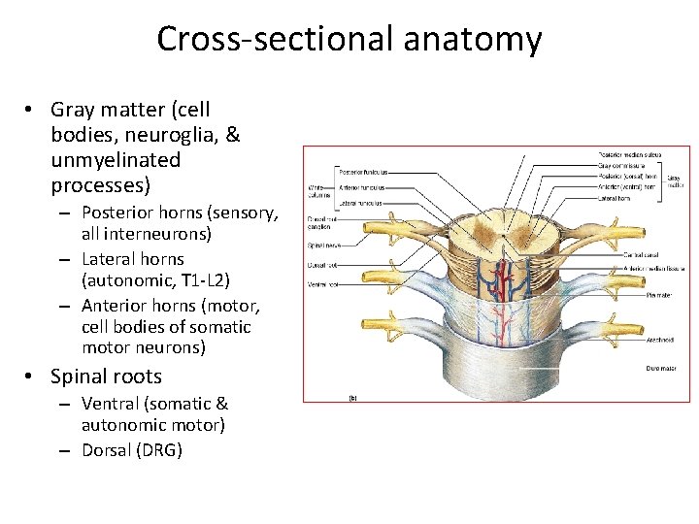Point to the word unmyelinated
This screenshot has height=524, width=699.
[x=116, y=159]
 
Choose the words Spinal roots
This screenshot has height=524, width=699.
[x=106, y=377]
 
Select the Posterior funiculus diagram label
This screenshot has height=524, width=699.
[x=360, y=171]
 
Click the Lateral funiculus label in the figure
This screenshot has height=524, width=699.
[x=358, y=204]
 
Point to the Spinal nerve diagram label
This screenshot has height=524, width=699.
[x=324, y=246]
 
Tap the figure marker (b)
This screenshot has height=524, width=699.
[x=351, y=397]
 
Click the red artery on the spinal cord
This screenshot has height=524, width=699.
[x=505, y=281]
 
